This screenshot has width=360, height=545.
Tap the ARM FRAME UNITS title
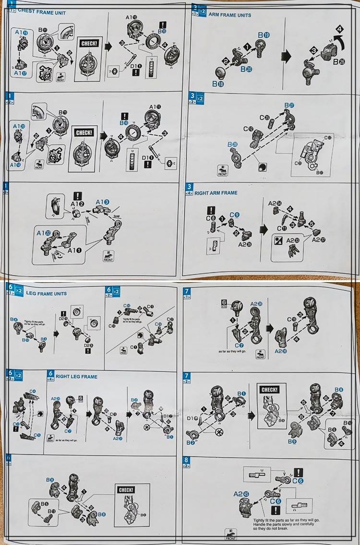pos(230,15)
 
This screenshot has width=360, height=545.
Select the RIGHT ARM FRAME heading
pos(216,193)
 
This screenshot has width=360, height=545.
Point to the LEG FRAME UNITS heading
pos(46,293)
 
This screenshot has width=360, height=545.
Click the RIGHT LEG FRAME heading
pos(76,377)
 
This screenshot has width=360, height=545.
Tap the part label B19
pos(264,35)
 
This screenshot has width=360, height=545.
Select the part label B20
pos(246,69)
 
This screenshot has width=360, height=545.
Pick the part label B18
pos(218,84)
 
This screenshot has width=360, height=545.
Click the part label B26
pos(339,62)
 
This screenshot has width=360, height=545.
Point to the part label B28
pos(232,144)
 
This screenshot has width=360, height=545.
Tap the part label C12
pos(249,129)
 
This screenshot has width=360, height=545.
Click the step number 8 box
pos(186,460)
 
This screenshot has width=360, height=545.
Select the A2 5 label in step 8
pos(241,494)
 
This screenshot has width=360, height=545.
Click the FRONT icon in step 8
pos(231,534)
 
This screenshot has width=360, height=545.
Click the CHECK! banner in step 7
pos(269,390)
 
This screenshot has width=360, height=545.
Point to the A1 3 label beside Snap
pos(102,202)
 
